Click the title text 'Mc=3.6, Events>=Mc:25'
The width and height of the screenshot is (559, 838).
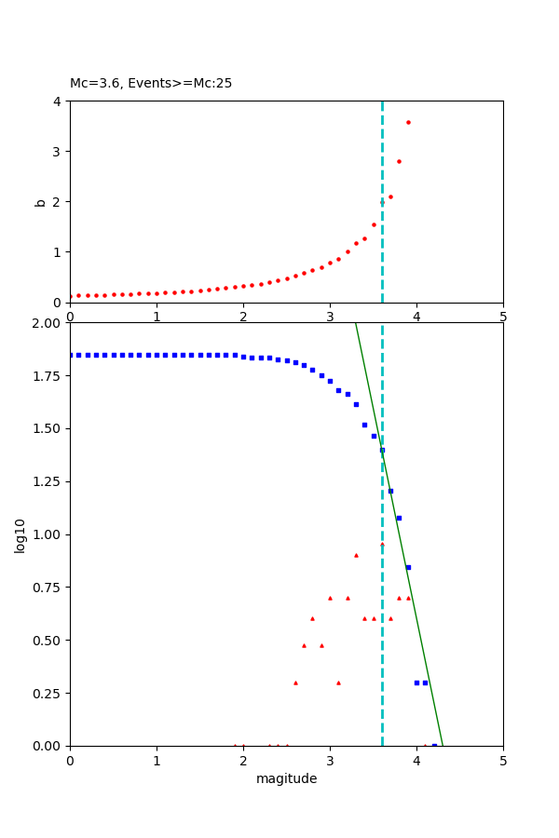[x=151, y=84]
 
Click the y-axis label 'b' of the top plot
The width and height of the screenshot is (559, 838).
[x=40, y=201]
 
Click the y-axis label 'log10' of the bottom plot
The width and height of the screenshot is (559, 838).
[x=20, y=534]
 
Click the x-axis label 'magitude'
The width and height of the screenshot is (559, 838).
[x=286, y=778]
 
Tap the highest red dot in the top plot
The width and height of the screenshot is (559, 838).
[x=408, y=122]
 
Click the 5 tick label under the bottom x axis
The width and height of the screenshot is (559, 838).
[x=503, y=761]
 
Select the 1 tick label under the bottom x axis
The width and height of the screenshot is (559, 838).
[x=157, y=761]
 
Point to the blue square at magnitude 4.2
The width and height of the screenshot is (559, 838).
[x=434, y=745]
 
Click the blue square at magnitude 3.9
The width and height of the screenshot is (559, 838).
[x=408, y=567]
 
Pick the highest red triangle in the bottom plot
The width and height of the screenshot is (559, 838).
[x=382, y=544]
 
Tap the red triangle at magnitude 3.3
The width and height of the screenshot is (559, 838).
[x=356, y=555]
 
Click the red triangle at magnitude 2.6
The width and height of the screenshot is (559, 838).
[x=295, y=683]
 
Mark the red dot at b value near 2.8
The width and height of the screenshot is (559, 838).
[x=399, y=161]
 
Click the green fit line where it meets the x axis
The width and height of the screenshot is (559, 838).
[x=443, y=745]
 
